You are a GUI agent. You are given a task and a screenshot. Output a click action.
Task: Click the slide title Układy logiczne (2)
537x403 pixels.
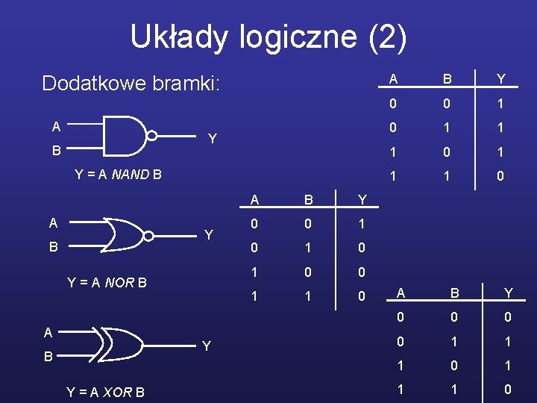[x=268, y=37]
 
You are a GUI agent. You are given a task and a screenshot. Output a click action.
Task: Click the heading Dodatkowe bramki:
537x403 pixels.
[x=131, y=83]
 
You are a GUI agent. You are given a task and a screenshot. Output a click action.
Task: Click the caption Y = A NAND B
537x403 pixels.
[x=119, y=175]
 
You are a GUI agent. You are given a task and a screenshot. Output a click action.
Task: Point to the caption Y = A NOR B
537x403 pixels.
[x=107, y=283]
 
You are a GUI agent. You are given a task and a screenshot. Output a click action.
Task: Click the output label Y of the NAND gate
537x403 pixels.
[x=213, y=139]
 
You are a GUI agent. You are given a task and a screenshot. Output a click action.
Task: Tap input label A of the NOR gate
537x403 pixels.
[x=53, y=223]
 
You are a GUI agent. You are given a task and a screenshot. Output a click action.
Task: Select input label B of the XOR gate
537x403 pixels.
[x=47, y=357]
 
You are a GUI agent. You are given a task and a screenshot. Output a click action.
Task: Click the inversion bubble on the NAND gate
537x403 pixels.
[x=152, y=137]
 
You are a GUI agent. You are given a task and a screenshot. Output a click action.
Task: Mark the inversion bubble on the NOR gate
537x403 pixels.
[x=150, y=236]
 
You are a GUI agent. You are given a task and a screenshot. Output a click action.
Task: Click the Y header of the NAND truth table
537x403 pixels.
[x=500, y=79]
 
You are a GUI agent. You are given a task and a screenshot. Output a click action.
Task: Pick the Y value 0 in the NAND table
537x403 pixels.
[x=500, y=176]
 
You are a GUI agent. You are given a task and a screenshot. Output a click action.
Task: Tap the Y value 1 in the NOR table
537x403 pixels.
[x=362, y=224]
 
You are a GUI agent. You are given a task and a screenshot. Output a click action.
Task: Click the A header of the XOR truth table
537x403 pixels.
[x=401, y=293]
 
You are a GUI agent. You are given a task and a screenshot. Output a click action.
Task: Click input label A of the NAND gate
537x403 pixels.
[x=56, y=126]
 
